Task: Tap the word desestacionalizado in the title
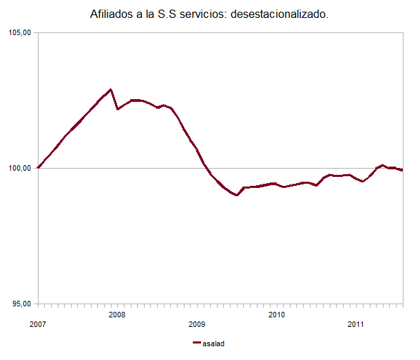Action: tap(283, 14)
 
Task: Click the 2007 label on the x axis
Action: tap(39, 324)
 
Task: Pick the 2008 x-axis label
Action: tap(118, 315)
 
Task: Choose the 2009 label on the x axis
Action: tap(198, 324)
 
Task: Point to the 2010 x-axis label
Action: tap(277, 315)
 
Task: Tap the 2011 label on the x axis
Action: tap(356, 324)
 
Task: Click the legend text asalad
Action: tap(214, 343)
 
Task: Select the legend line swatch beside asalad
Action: tap(198, 343)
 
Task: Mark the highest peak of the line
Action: tap(111, 89)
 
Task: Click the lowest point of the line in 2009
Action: tap(237, 195)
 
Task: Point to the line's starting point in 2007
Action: tap(39, 167)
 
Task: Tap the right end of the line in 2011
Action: tap(402, 170)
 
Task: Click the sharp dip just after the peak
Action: tap(118, 109)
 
